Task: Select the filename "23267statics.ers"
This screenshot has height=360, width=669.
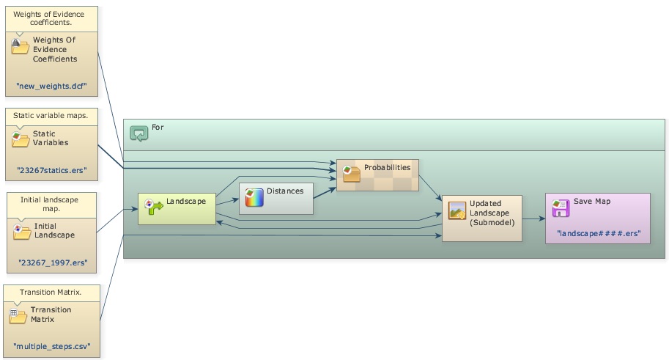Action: tap(51, 169)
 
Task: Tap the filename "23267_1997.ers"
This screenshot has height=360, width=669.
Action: tap(52, 262)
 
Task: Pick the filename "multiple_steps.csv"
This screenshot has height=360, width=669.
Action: tap(51, 346)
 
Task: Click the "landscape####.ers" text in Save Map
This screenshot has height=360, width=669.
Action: tap(599, 232)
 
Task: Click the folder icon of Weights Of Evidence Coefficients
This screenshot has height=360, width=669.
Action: tap(20, 47)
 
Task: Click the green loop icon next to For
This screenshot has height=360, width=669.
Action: tap(138, 133)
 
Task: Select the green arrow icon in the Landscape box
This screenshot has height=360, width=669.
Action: tap(154, 206)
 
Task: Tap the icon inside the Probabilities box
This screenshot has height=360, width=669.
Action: tap(351, 174)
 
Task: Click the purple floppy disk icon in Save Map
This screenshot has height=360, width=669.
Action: tap(561, 207)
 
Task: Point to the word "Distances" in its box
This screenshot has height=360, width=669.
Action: tap(285, 191)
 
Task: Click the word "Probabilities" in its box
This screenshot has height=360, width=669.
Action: tap(387, 167)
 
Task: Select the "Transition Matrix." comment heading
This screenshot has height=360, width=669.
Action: tap(51, 292)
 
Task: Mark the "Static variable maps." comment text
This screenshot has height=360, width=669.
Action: tap(51, 115)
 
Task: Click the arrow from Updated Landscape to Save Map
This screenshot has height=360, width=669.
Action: tap(533, 218)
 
